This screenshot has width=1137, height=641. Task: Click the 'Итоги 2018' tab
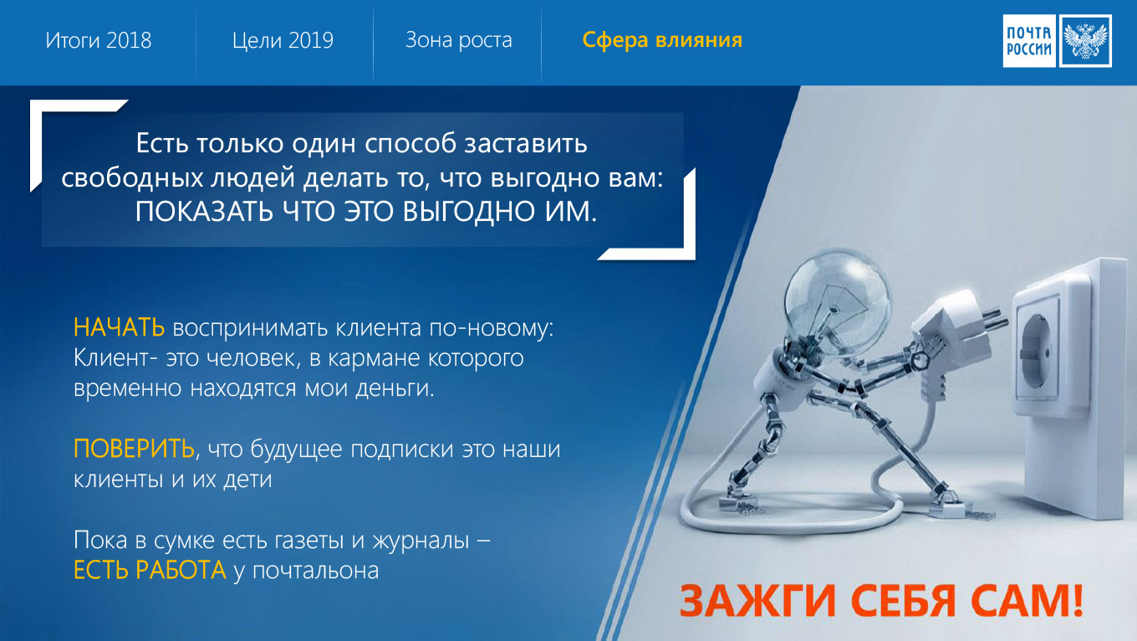coord(99,40)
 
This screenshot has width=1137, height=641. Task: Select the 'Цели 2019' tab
coord(283,40)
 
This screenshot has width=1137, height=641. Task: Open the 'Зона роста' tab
coord(458,39)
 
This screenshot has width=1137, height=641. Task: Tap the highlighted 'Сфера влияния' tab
coord(662,39)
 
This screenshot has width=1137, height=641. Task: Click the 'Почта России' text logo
coord(1029,41)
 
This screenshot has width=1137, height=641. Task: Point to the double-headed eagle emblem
coord(1085,41)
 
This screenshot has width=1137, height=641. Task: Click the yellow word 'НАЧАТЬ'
coord(119,327)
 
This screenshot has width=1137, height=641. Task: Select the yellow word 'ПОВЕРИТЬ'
coord(134,449)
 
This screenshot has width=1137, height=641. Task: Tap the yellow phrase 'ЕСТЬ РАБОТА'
coord(150,570)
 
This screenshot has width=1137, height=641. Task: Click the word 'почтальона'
coord(316,571)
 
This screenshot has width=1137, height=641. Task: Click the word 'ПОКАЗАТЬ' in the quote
coord(204,212)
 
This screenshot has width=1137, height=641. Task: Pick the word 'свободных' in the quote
coord(132,177)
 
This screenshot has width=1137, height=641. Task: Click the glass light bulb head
coord(837,303)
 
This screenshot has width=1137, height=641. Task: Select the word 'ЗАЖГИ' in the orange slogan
coord(757,600)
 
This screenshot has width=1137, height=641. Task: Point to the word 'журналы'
coord(421,541)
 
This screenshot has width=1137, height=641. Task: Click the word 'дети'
coord(248,479)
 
